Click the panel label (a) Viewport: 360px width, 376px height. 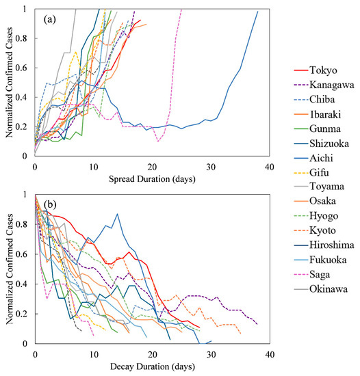(x=50, y=20)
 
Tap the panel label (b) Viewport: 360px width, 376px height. (x=50, y=204)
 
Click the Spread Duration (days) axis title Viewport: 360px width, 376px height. (x=152, y=179)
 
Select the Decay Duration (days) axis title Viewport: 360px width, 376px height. (x=153, y=366)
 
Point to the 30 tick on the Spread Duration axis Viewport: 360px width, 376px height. (x=211, y=167)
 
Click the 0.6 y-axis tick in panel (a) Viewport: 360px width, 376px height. (x=21, y=68)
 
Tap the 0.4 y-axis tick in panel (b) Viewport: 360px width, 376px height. (x=21, y=284)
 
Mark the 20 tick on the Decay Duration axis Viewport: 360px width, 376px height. (x=153, y=354)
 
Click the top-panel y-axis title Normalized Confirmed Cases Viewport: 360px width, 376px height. (x=10, y=83)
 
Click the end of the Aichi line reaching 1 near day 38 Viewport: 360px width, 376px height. (x=258, y=11)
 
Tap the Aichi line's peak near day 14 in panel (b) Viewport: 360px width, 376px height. (x=117, y=214)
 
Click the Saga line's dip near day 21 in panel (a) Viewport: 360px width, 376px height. (x=158, y=142)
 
